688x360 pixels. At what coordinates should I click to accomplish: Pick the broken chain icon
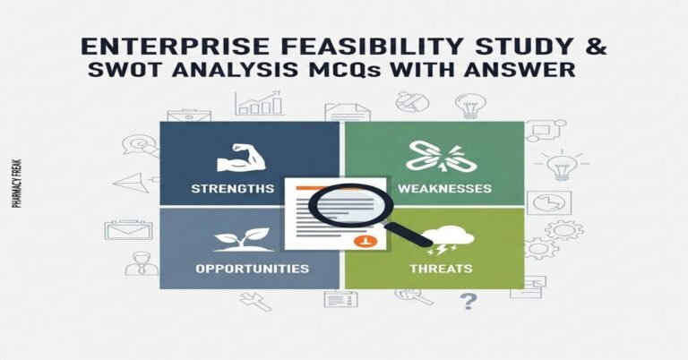(x=434, y=156)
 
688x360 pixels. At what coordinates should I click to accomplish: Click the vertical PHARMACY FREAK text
(x=18, y=184)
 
